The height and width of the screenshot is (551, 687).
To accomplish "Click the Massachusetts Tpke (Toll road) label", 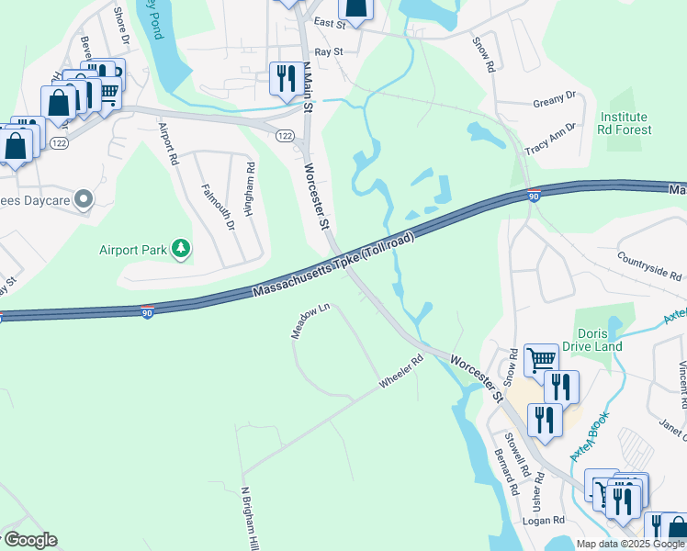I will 333,266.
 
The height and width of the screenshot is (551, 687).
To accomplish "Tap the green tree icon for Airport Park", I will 182,249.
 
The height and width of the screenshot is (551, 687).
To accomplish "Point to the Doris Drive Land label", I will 600,340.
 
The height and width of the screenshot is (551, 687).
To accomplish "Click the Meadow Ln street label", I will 310,321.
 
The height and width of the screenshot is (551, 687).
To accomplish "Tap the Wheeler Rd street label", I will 400,371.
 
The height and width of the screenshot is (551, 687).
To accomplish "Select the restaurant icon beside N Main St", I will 283,79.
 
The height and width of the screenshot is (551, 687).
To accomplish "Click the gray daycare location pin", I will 84,199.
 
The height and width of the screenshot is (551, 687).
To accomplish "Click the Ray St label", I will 328,52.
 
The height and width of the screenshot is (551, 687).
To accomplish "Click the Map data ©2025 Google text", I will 630,544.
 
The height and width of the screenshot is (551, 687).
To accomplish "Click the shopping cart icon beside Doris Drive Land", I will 541,359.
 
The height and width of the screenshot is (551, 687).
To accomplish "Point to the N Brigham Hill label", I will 247,519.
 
